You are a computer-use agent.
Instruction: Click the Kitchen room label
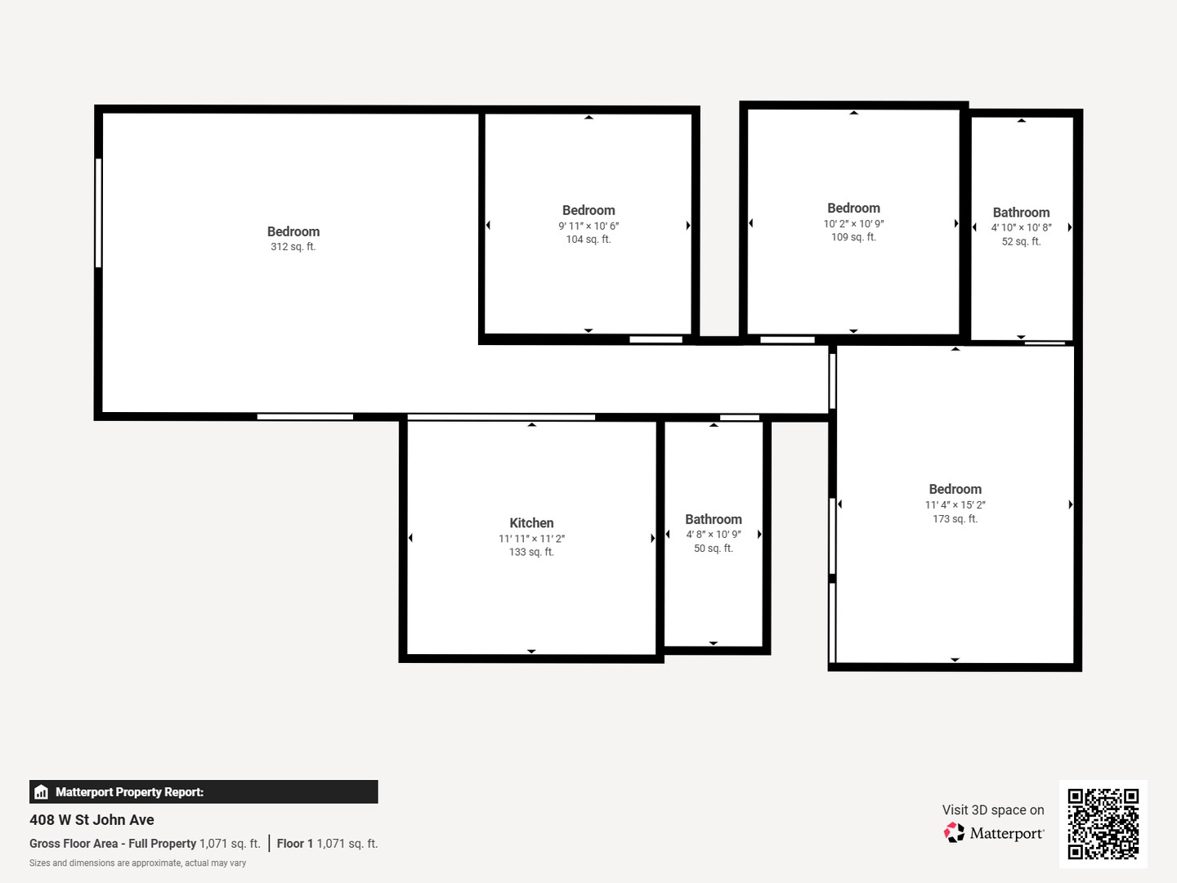coord(530,522)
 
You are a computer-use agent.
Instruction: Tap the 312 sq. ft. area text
coord(293,247)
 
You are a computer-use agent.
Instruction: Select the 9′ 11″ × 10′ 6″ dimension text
coord(588,226)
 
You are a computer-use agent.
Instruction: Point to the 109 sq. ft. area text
coord(853,237)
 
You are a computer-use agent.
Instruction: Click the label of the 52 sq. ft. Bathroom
coord(1021,213)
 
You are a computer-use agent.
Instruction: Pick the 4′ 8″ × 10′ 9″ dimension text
coord(714,534)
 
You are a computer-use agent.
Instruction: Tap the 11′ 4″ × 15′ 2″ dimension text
coord(955,504)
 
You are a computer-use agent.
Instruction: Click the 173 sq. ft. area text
coord(955,518)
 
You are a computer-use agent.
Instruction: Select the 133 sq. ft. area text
coord(530,552)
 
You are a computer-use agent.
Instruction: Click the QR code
coord(1103,823)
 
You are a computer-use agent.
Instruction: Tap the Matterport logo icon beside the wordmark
coord(954,832)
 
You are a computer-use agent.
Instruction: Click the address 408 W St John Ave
coord(92,820)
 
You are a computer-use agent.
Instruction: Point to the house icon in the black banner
coord(42,792)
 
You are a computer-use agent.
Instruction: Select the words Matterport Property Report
coord(129,792)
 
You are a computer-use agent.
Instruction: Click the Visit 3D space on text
coord(993,809)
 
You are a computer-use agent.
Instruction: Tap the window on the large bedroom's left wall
coord(99,213)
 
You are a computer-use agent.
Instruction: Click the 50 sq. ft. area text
coord(714,548)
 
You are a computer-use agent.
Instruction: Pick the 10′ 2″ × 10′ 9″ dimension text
coord(853,223)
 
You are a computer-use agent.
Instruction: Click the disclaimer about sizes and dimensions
coord(138,863)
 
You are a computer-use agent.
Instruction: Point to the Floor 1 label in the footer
coord(295,843)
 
